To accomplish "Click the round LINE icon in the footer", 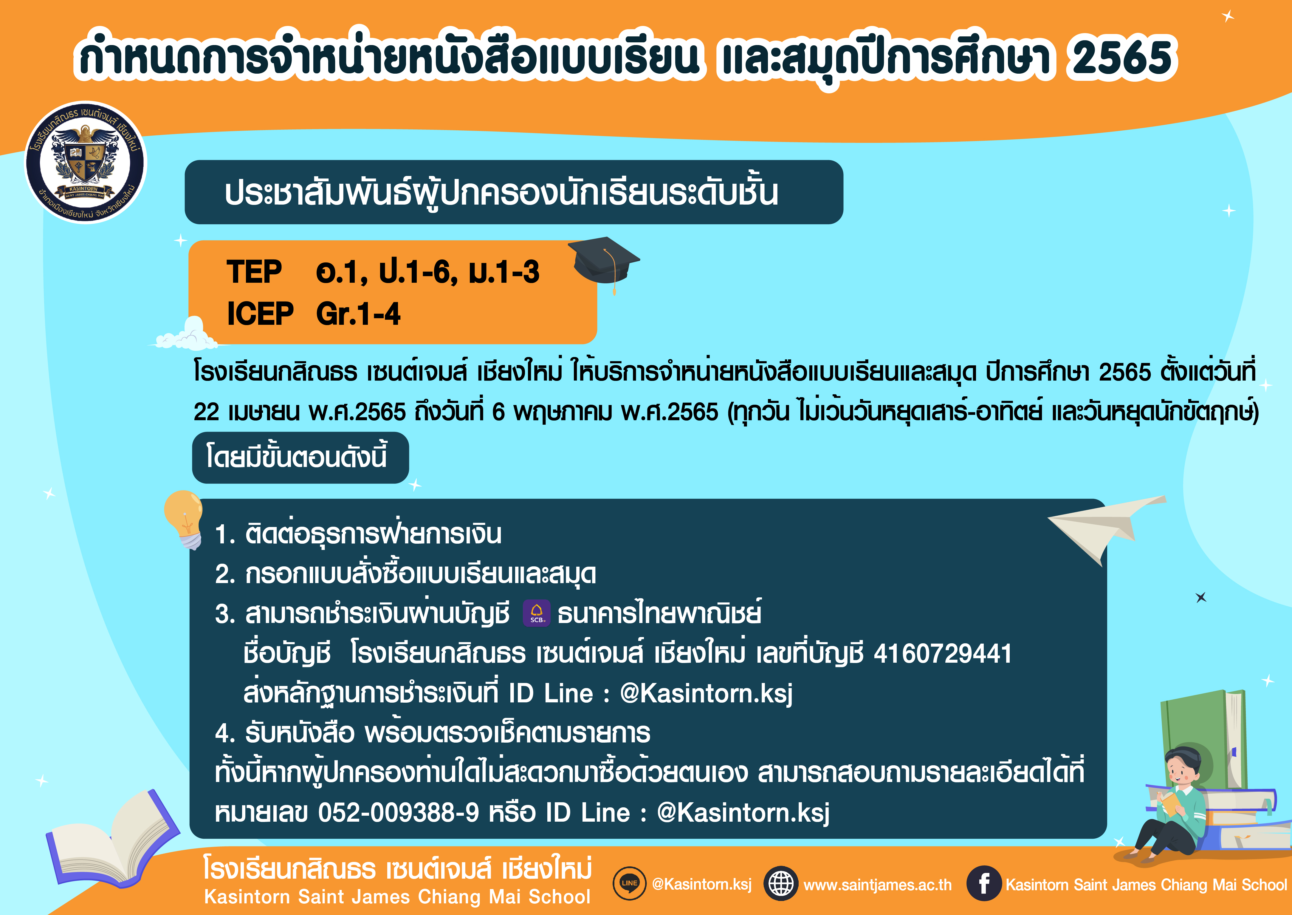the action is click(x=629, y=883).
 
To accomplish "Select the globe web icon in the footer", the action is click(x=781, y=883).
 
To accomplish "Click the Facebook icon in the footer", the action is click(x=983, y=883).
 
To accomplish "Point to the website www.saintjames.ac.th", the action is click(x=877, y=885).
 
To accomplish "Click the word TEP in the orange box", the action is click(x=254, y=272).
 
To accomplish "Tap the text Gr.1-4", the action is click(x=358, y=314).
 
